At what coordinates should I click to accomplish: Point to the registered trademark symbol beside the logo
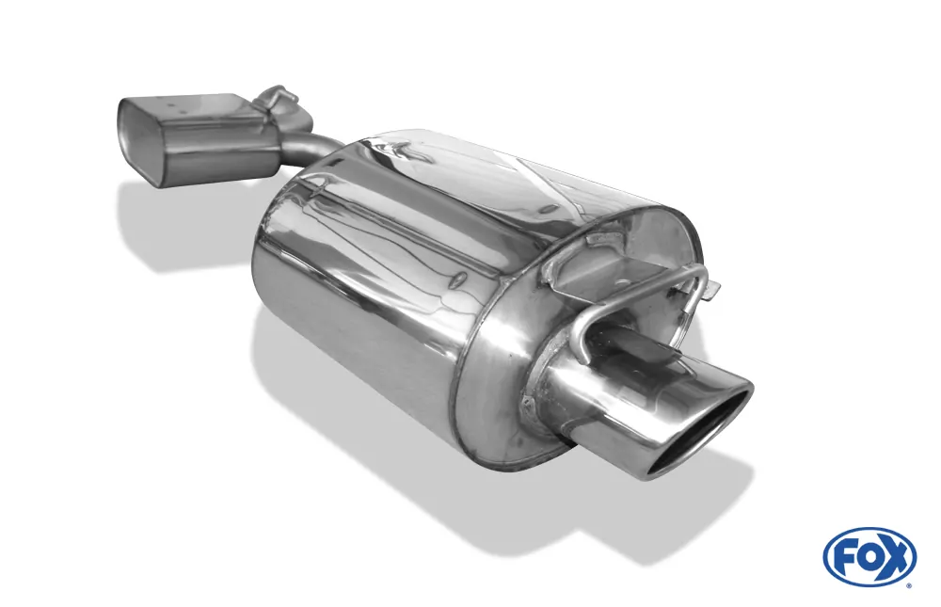pos(909,585)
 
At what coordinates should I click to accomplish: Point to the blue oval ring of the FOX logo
pos(869,534)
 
